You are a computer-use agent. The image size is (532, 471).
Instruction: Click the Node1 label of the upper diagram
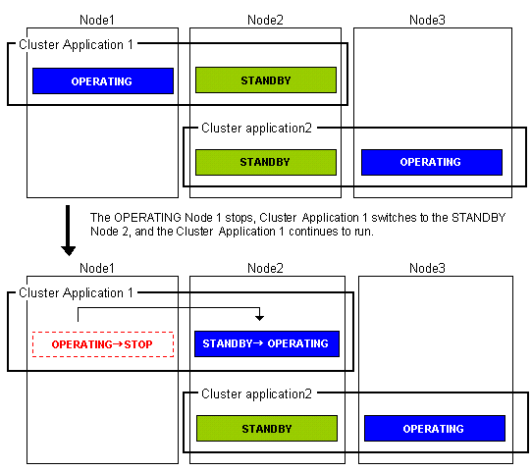97,20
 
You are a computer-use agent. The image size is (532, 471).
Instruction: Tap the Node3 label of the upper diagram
427,20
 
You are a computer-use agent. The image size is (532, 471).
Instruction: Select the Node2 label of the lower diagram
265,268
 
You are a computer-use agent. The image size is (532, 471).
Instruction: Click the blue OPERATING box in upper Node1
103,81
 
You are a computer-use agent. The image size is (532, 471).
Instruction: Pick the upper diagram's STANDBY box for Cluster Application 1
266,80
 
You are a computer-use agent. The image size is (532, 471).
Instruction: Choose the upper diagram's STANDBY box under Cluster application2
266,162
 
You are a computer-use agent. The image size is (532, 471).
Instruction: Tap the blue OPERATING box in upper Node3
432,162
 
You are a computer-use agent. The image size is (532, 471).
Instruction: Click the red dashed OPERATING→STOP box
103,344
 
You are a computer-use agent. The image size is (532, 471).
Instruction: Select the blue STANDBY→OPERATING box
267,343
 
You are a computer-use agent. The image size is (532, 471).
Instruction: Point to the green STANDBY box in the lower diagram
267,428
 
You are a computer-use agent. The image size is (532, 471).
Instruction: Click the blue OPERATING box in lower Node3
435,428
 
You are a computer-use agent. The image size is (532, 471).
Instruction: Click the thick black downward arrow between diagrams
68,231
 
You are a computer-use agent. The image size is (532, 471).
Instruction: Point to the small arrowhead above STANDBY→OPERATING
259,318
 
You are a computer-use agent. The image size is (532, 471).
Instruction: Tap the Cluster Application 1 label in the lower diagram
76,293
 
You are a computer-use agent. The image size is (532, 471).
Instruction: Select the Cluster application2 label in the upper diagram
256,129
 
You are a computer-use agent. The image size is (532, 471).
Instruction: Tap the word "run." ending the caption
364,232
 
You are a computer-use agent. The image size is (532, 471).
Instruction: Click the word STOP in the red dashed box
138,344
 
